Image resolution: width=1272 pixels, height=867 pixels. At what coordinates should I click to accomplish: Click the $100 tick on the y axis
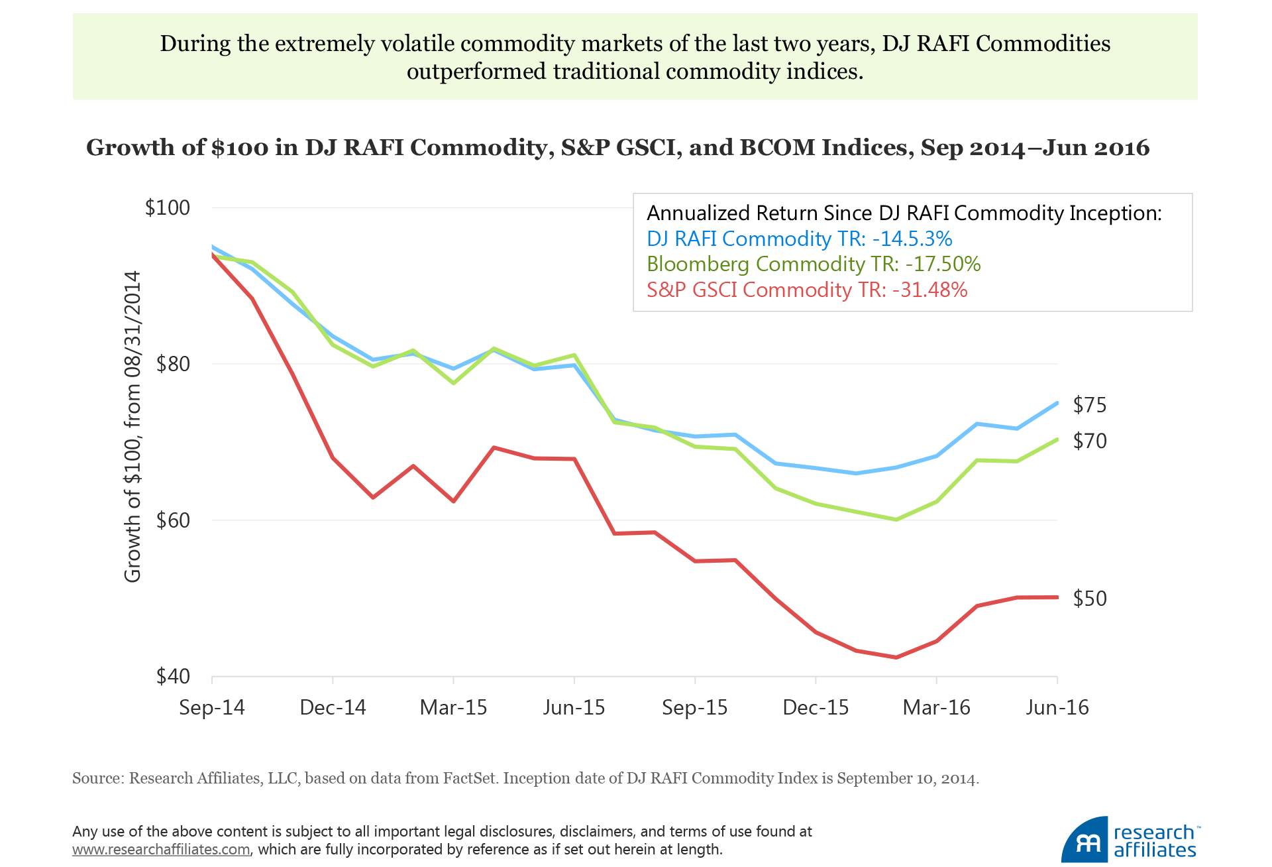point(167,208)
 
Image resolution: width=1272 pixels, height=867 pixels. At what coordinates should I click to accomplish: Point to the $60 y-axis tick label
point(172,520)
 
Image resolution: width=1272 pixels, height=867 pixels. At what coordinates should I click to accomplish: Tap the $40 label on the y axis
point(172,676)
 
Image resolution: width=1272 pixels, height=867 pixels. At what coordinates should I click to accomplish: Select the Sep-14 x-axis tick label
point(212,708)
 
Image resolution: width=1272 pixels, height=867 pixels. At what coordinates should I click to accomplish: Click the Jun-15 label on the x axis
point(574,708)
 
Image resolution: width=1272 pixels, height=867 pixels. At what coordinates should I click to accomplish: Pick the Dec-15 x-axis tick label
point(816,708)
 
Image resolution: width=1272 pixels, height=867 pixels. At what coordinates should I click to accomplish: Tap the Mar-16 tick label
point(936,708)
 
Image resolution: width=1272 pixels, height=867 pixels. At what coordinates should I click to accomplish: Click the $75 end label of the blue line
point(1090,405)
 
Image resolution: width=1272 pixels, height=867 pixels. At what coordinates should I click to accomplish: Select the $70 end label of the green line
point(1090,441)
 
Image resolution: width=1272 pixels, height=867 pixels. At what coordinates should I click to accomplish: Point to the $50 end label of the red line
point(1090,599)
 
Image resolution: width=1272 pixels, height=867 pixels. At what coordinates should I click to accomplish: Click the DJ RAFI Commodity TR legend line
point(799,239)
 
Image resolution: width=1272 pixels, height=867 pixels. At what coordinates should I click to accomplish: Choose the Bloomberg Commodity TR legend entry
point(814,264)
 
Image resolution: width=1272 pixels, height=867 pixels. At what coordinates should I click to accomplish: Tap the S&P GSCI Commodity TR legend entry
point(807,290)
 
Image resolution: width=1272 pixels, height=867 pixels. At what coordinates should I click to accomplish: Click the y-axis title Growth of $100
point(133,426)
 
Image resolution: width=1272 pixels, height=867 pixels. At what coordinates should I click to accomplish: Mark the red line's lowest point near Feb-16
point(896,658)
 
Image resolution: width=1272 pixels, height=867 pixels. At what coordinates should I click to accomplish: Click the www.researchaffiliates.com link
point(161,850)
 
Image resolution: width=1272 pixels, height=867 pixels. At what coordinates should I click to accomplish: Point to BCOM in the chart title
point(776,147)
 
